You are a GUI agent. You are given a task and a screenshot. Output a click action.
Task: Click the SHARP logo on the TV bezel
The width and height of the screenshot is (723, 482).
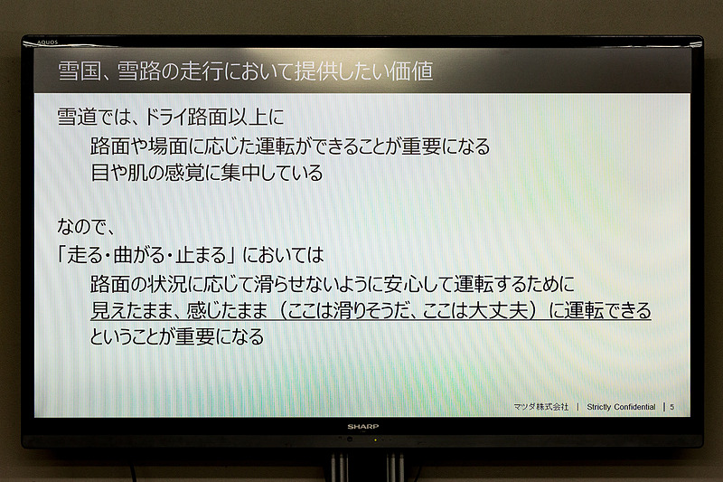362,426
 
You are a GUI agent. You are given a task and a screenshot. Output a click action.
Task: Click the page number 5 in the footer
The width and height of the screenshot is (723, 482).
671,408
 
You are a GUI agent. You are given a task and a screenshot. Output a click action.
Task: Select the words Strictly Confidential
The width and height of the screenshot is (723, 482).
621,408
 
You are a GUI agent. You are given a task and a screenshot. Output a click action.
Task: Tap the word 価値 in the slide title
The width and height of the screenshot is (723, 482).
411,70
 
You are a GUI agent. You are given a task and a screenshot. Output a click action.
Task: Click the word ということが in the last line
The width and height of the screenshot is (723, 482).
145,338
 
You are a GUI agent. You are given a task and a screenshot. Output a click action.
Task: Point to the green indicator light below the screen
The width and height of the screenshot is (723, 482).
376,439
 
